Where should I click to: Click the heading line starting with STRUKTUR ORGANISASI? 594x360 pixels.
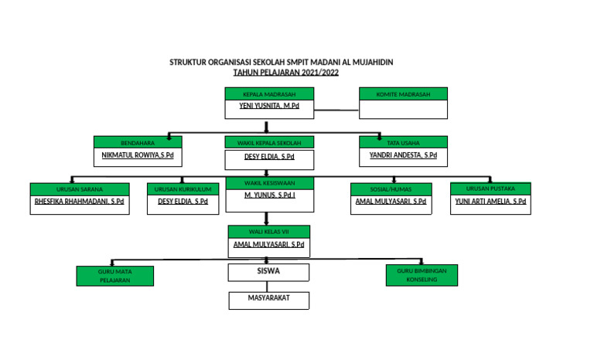pos(286,63)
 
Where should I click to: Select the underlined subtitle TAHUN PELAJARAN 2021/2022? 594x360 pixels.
pos(286,72)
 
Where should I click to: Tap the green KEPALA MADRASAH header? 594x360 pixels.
pos(269,94)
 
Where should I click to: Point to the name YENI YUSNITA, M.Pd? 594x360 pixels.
pos(269,106)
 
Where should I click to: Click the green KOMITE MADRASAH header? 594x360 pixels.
pos(403,94)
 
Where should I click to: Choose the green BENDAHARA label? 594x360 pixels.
pos(138,143)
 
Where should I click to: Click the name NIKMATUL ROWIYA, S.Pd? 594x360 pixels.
pos(138,155)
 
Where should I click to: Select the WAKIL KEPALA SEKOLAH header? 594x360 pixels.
pos(269,143)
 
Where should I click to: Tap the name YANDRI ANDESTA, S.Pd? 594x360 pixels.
pos(402,155)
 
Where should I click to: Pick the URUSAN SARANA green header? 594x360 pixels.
pos(80,188)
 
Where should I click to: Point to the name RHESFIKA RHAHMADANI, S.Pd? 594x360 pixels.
pos(80,201)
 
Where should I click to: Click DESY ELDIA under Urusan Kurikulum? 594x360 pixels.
pos(183,201)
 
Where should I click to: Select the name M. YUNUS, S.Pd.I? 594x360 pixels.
pos(269,196)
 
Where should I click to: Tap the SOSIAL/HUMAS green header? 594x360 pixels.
pos(391,188)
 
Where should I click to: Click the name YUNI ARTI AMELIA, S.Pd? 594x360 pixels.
pos(490,201)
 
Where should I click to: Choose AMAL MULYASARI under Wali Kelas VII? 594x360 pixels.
pos(268,244)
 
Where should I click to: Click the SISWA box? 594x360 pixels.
pos(268,272)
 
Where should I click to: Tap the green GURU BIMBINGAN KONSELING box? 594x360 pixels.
pos(422,276)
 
